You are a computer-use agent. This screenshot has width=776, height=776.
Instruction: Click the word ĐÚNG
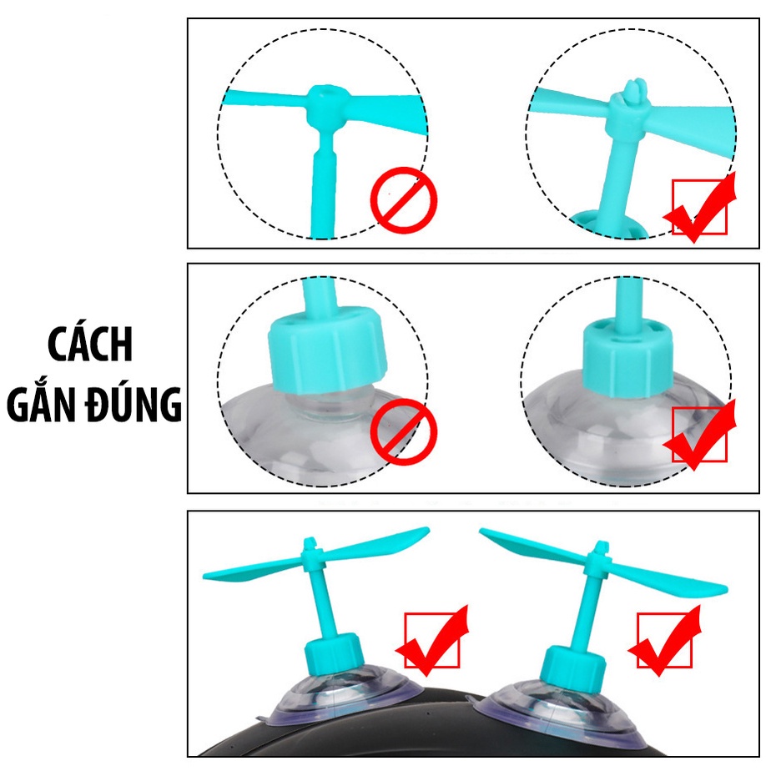[x=137, y=406]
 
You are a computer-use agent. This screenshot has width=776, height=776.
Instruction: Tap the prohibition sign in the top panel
[x=404, y=199]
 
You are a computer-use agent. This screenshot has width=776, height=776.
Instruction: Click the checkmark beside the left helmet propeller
[x=432, y=641]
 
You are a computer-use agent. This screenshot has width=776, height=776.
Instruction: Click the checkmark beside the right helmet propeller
[x=665, y=641]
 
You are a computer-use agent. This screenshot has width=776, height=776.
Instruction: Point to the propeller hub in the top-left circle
[x=323, y=105]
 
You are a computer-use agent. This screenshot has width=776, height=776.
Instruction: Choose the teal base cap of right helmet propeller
[x=573, y=664]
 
